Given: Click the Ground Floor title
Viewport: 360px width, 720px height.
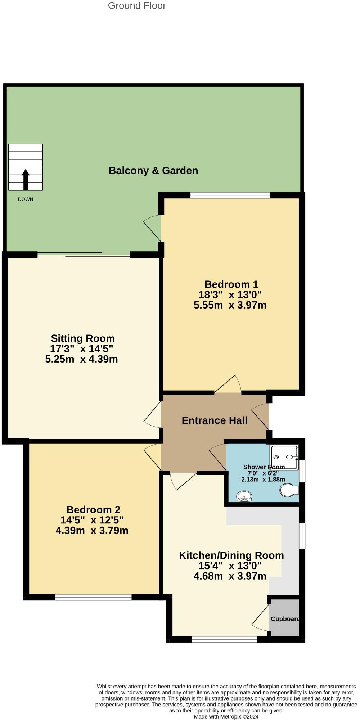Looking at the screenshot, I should click(137, 6).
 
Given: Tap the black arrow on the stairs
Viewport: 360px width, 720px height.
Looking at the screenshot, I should click(26, 179).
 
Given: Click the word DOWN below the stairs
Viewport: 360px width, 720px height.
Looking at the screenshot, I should click(26, 199).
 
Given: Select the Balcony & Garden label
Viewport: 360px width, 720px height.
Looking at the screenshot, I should click(153, 171).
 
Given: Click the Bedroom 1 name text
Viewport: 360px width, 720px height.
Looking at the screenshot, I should click(231, 284).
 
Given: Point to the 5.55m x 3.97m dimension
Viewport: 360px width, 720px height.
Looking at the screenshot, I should click(230, 305).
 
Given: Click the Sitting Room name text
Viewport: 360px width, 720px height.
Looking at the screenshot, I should click(83, 338).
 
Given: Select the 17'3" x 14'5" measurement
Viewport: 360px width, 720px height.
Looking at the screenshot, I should click(82, 349).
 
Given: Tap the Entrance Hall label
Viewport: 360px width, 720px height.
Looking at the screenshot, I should click(215, 420).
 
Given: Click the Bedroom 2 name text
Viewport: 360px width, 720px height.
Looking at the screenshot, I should click(93, 510).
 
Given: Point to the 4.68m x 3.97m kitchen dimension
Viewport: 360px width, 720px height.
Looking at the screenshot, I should click(230, 576).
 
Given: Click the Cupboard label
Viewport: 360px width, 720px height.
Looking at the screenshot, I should click(285, 619).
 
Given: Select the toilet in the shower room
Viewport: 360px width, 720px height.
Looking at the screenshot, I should click(289, 490).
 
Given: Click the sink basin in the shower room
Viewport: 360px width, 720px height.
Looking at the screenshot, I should click(245, 497).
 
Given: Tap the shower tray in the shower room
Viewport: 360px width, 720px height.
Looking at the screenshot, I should click(284, 458).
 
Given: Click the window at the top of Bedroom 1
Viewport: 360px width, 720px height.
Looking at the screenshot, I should click(230, 195).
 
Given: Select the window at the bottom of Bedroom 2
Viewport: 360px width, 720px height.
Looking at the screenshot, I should click(93, 598).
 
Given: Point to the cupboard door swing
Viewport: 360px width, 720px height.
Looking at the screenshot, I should click(260, 618).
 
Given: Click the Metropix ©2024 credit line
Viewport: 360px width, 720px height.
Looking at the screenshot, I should click(226, 716).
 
